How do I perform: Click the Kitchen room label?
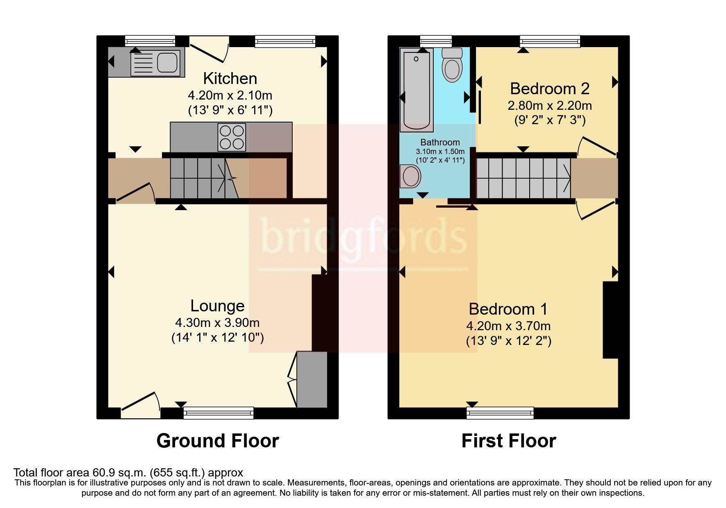point(230,78)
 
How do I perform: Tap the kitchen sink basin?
point(167,62)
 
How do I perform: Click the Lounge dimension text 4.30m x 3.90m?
point(217,323)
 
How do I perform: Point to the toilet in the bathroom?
point(452,66)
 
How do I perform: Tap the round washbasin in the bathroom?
point(410,177)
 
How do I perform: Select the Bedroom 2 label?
point(549,88)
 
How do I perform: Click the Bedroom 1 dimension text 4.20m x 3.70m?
point(508,326)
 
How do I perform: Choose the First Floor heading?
point(508,441)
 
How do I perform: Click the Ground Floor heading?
point(218,441)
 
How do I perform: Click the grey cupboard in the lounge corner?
point(312,379)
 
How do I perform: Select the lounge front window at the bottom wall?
point(218,413)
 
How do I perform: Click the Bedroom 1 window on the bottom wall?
point(500,413)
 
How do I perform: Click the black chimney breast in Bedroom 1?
point(610,320)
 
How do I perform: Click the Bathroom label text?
point(440,142)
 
